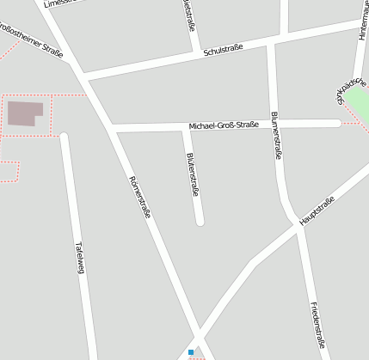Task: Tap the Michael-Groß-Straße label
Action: (x=224, y=125)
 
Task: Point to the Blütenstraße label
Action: (x=193, y=175)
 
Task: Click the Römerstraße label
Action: (x=139, y=197)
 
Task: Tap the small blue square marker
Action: (x=191, y=351)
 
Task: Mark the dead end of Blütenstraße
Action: (x=200, y=221)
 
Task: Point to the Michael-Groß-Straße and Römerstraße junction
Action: (x=110, y=128)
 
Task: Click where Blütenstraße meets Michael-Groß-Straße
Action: (x=184, y=127)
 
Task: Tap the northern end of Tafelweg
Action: (x=63, y=136)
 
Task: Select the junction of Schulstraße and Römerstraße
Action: (x=84, y=75)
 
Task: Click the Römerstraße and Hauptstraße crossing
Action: (x=200, y=337)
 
